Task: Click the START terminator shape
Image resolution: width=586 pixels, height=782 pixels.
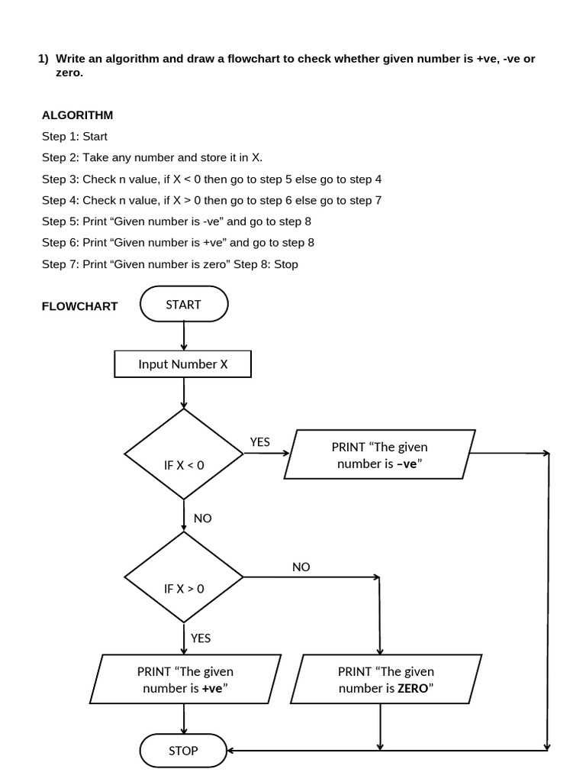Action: pos(184,304)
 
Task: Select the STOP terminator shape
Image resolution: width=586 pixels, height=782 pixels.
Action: pos(183,750)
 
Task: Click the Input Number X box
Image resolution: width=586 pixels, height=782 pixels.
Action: pos(182,364)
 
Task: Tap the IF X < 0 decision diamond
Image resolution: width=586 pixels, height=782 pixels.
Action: pos(184,454)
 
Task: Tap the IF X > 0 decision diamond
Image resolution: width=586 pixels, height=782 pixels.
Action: pos(184,577)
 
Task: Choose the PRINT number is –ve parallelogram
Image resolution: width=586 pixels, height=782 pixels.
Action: pos(379,455)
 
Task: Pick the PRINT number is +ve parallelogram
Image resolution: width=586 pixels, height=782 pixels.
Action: pos(185,680)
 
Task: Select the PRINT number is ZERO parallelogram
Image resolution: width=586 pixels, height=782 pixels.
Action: pos(386,680)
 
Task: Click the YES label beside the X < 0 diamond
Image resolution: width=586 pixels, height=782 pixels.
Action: pos(260,442)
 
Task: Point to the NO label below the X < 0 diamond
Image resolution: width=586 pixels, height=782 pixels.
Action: pos(203,519)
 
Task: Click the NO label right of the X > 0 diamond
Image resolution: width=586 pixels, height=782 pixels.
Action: pos(301,567)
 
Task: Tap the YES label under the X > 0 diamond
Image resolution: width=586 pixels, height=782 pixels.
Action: pos(201,638)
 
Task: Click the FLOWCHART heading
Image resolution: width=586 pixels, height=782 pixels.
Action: pos(79,306)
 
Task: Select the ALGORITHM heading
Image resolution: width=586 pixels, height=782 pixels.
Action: pos(77,115)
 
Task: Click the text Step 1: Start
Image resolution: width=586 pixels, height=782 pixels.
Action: pos(75,137)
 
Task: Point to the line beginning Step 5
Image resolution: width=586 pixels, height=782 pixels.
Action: pos(176,221)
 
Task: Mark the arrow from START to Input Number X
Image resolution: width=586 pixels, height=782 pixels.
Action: pos(184,336)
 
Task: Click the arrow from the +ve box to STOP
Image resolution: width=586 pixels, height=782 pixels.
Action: pos(184,719)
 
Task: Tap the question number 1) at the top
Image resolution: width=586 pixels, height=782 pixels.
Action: pos(43,59)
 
